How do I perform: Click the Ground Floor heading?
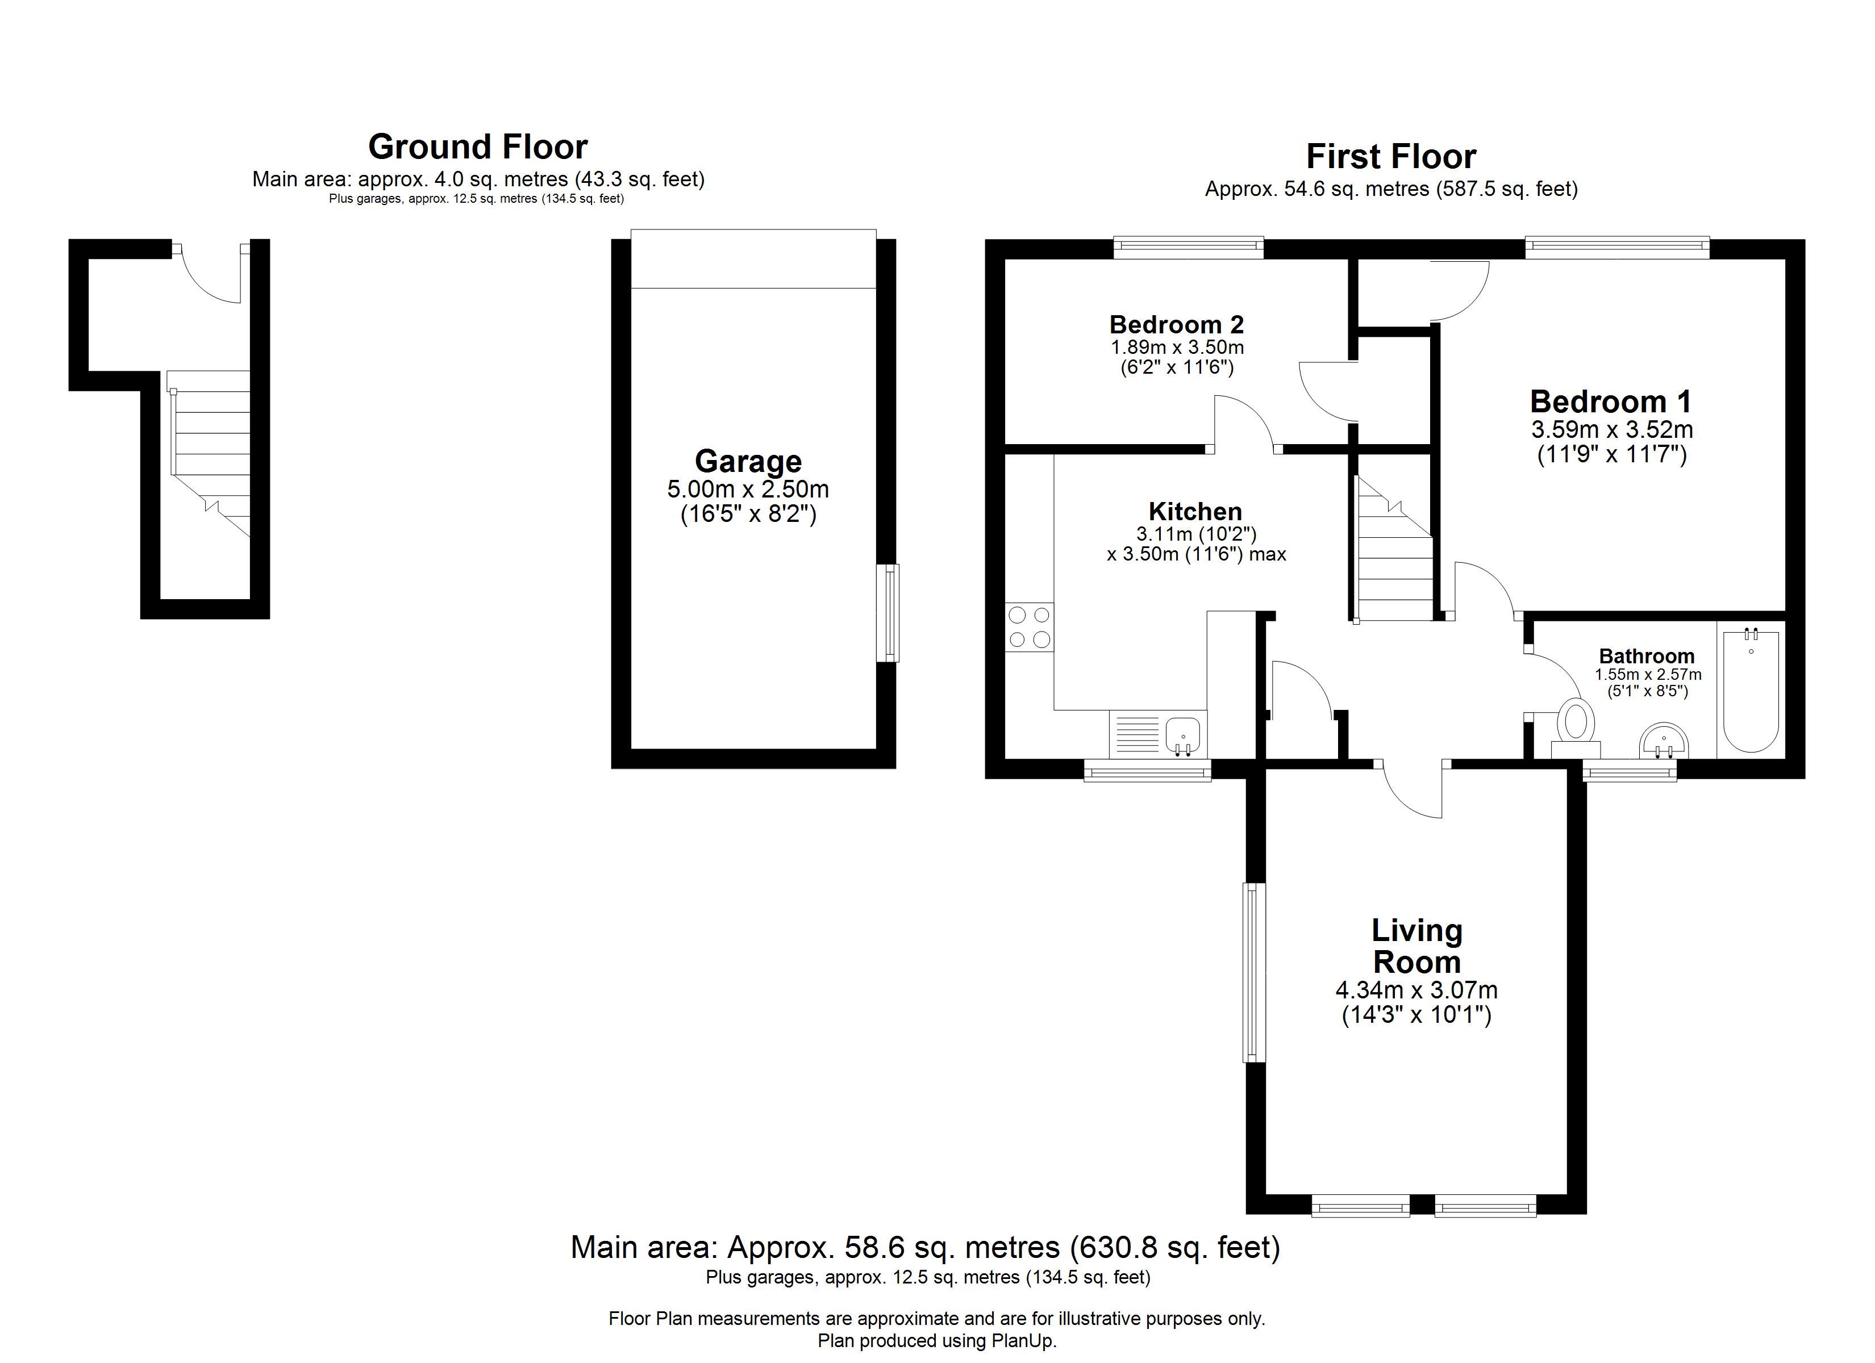point(478,147)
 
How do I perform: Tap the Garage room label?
point(748,461)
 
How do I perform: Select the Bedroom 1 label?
point(1610,402)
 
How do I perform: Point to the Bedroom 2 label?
point(1177,324)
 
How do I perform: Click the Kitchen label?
point(1195,512)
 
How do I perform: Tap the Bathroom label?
point(1647,657)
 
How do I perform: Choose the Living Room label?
point(1417,946)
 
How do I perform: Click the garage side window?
point(888,612)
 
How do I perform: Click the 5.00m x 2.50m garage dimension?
point(748,490)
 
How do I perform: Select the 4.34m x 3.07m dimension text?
point(1417,989)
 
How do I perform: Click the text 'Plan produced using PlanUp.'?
point(938,1341)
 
